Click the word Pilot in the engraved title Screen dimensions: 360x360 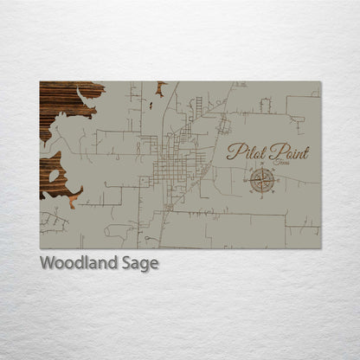(245, 152)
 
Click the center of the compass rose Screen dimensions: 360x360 (262, 180)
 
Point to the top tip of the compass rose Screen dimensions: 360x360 (262, 168)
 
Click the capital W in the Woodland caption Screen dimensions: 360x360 (46, 263)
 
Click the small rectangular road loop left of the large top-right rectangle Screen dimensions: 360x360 (265, 105)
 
